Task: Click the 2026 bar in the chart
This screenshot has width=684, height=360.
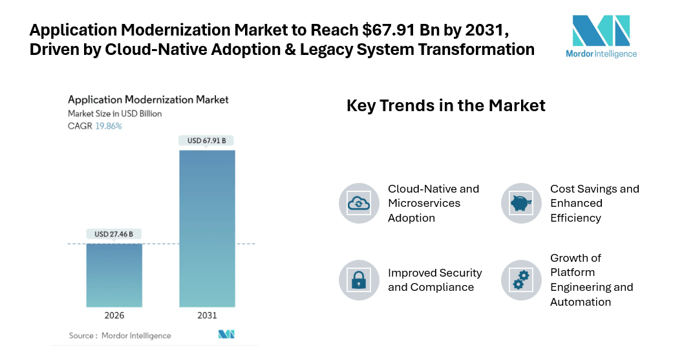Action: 114,275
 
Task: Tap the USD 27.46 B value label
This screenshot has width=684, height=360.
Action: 114,234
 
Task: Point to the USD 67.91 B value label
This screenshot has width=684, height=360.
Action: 207,140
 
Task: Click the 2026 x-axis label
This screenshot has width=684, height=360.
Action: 114,315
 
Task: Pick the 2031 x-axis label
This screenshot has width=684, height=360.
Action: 207,315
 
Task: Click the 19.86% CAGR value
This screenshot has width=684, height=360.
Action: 109,126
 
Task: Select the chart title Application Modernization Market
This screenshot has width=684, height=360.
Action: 148,100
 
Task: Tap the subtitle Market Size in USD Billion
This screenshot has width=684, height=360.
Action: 115,114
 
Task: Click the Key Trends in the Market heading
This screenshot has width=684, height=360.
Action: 446,105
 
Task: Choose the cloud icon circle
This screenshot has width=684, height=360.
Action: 359,203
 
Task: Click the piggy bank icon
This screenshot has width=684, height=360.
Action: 521,203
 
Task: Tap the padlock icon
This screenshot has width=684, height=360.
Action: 359,280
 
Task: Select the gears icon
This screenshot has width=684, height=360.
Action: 521,280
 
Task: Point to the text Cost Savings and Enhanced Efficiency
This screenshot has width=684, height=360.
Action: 594,203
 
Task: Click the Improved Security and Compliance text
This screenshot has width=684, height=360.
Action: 434,280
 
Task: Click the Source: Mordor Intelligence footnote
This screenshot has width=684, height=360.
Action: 120,335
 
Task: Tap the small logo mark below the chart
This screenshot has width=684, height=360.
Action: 226,334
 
